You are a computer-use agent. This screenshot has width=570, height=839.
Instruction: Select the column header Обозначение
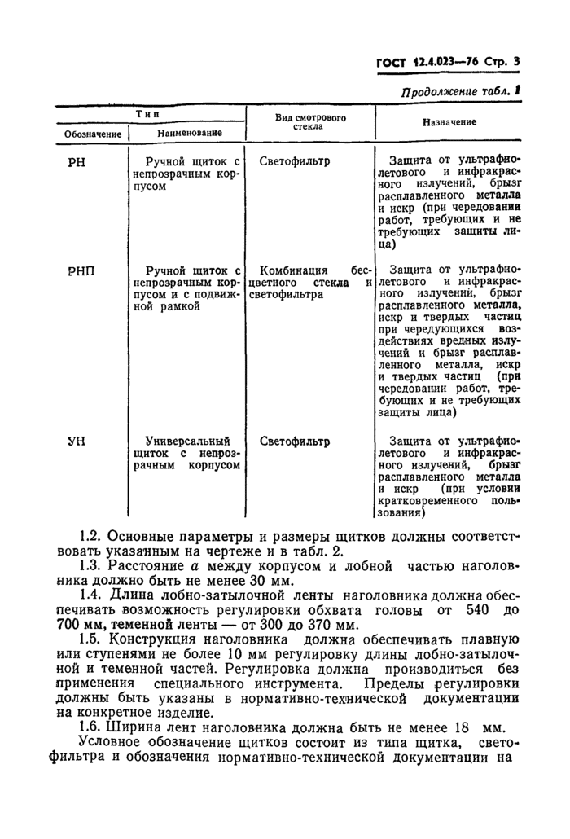pos(93,134)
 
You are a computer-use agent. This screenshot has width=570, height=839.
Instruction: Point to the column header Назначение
pos(449,122)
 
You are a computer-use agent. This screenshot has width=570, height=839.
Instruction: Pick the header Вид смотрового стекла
pos(310,122)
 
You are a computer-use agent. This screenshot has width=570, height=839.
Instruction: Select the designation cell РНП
pos(81,271)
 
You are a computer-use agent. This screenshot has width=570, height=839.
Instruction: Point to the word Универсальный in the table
pos(188,442)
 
